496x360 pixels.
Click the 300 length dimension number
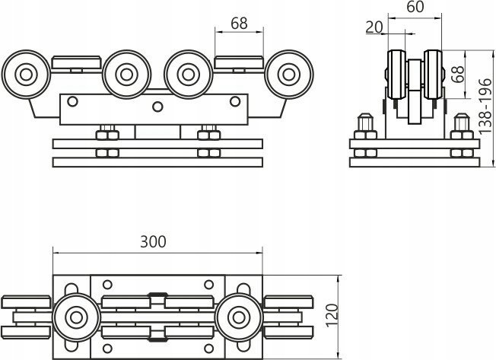153,242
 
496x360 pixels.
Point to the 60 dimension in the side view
415,7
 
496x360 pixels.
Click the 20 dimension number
374,27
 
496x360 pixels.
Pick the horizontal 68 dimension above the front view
239,24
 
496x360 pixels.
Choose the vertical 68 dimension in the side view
458,74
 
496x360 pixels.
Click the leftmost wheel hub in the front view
26,75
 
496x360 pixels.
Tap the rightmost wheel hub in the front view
288,75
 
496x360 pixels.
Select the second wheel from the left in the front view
126,75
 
